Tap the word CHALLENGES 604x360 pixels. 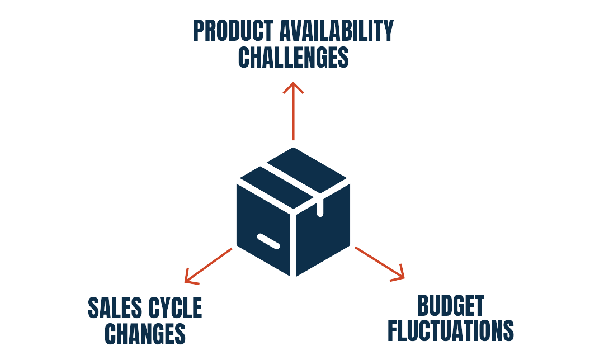(x=293, y=58)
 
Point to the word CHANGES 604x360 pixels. (x=145, y=334)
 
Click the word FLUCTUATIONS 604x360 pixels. (x=450, y=331)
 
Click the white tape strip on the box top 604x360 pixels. (x=291, y=179)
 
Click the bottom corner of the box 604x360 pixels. (x=293, y=274)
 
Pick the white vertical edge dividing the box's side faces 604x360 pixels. (x=293, y=240)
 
